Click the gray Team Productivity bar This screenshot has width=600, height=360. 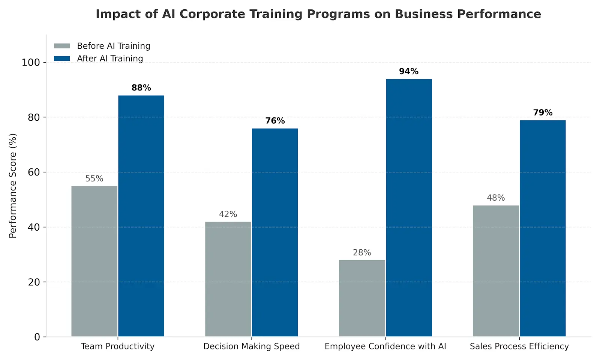[94, 261]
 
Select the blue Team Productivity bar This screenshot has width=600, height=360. [141, 216]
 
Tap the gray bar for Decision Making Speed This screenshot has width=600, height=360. [228, 279]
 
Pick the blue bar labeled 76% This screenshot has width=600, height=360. [275, 232]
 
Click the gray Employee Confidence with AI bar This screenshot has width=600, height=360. [362, 298]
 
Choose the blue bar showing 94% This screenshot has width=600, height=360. [409, 208]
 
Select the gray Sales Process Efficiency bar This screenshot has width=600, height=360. [496, 271]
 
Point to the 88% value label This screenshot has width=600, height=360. [141, 88]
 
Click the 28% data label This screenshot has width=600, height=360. [362, 253]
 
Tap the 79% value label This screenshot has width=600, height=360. [543, 112]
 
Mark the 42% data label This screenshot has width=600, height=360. [228, 214]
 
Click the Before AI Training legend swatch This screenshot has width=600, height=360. [62, 46]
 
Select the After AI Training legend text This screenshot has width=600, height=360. [110, 58]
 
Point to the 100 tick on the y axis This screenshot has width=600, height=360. [31, 62]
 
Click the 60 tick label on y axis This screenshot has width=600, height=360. [34, 172]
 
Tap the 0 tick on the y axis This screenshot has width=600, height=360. [37, 337]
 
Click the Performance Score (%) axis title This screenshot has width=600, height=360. [13, 186]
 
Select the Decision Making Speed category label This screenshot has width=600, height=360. [251, 346]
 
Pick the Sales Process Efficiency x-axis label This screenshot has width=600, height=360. [519, 346]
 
